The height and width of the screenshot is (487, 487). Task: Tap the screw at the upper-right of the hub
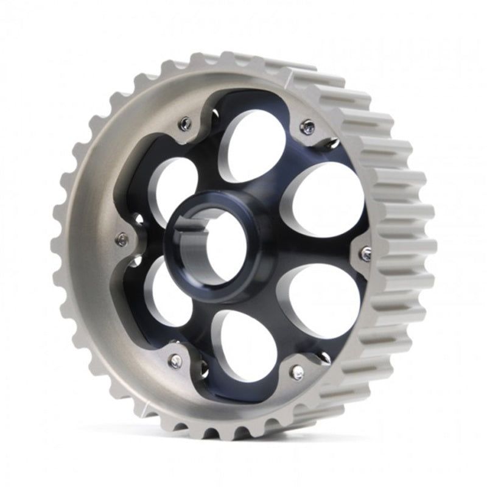(x=307, y=127)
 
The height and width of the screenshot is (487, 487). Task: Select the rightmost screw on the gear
(x=365, y=254)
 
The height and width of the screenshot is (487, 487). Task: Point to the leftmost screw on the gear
(x=122, y=239)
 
